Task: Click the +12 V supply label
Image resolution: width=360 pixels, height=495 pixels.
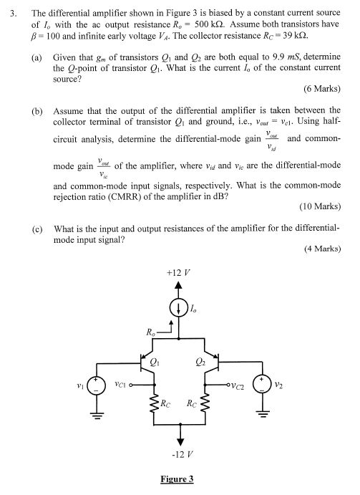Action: pos(179,274)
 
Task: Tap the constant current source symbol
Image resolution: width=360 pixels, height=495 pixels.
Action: pos(180,309)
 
